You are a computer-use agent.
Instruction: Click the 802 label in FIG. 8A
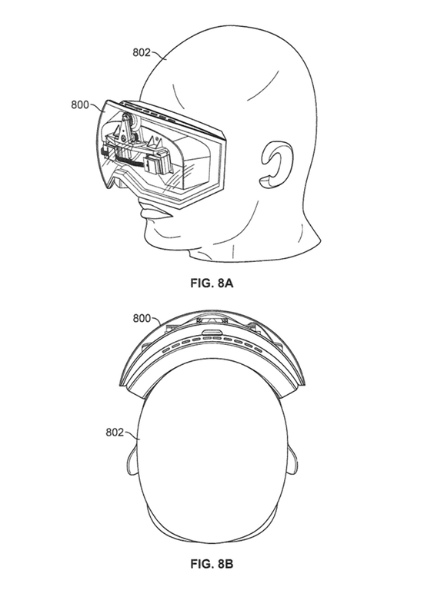(x=142, y=52)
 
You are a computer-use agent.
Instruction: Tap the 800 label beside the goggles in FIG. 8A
(x=80, y=104)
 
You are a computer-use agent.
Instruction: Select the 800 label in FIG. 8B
(x=142, y=318)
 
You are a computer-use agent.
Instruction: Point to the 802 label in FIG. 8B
(x=115, y=433)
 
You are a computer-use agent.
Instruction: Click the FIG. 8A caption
(x=212, y=283)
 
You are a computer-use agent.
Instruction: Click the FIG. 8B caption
(x=212, y=564)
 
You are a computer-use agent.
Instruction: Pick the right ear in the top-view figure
(x=292, y=462)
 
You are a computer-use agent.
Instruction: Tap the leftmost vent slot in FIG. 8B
(x=165, y=350)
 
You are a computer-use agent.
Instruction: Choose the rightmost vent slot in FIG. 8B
(x=258, y=350)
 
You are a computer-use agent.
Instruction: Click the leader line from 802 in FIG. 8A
(x=159, y=55)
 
